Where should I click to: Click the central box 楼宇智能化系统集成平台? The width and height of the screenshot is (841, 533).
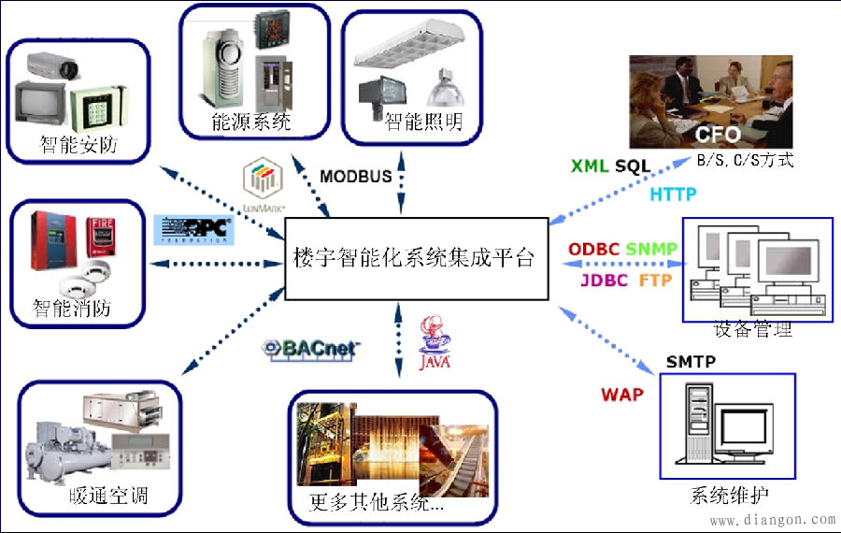pyautogui.click(x=415, y=259)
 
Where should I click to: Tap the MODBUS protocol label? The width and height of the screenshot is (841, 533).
pyautogui.click(x=356, y=177)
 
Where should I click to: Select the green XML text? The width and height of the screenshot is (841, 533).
pyautogui.click(x=590, y=166)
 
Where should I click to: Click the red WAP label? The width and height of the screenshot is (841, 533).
pyautogui.click(x=622, y=394)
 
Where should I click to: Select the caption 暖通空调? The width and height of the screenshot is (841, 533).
pyautogui.click(x=109, y=496)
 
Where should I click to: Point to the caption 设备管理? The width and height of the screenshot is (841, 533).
pyautogui.click(x=752, y=330)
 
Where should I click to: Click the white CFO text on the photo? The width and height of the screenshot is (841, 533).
pyautogui.click(x=718, y=135)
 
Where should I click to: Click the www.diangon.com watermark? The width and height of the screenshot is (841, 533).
pyautogui.click(x=772, y=519)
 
